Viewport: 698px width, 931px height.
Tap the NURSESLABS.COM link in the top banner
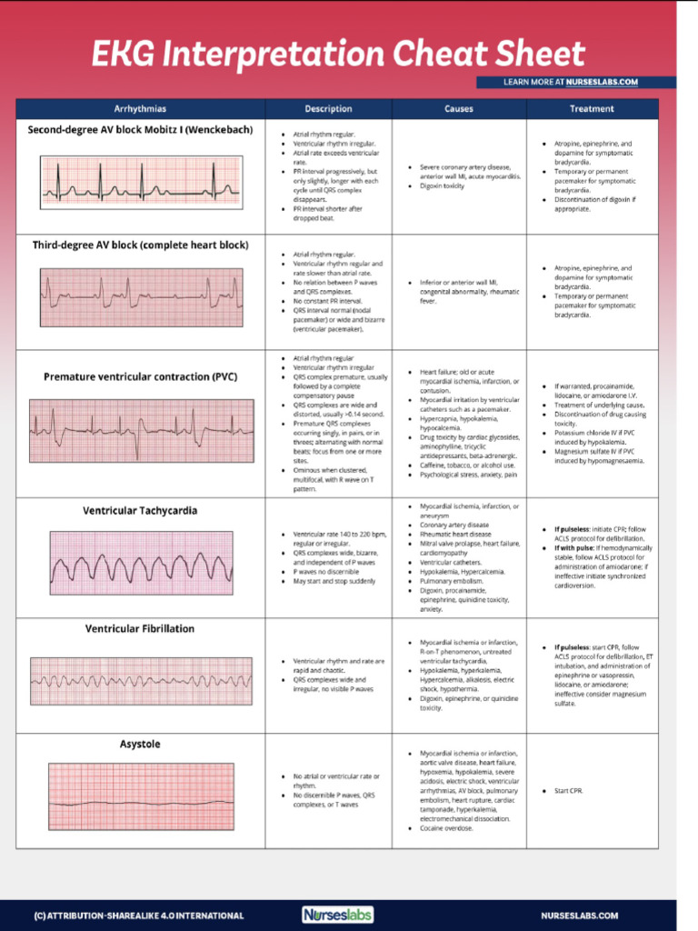point(602,82)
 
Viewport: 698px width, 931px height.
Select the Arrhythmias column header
point(140,109)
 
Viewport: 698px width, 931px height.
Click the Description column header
point(328,109)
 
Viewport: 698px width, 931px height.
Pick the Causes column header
point(458,109)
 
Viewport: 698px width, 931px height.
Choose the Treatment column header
point(592,109)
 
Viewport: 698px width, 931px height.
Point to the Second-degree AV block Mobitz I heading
point(140,129)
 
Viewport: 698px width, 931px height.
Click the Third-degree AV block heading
point(140,245)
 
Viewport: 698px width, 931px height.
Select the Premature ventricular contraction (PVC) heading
point(141,376)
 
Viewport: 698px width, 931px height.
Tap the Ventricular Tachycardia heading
point(140,511)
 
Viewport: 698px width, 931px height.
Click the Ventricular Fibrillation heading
point(140,628)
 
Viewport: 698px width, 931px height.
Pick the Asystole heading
point(140,744)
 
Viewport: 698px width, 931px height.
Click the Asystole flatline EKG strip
point(140,796)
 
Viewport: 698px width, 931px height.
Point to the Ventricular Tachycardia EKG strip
point(140,563)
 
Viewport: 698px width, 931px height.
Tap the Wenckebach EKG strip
point(140,182)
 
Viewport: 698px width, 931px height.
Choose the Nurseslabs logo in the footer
point(337,915)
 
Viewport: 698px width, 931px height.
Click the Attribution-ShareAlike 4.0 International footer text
point(139,916)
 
